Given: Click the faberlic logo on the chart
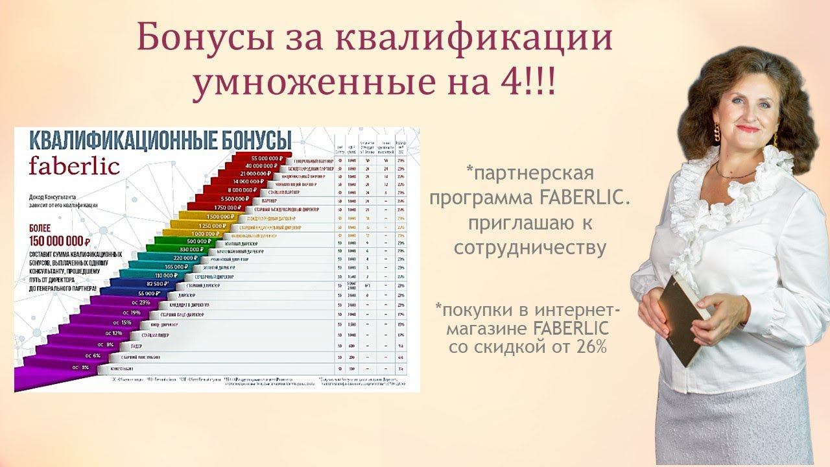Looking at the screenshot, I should [x=74, y=165].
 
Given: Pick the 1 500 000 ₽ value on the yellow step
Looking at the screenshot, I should [x=219, y=216].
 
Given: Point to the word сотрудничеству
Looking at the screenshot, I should [x=530, y=248].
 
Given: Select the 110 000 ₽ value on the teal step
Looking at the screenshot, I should [x=167, y=275].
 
